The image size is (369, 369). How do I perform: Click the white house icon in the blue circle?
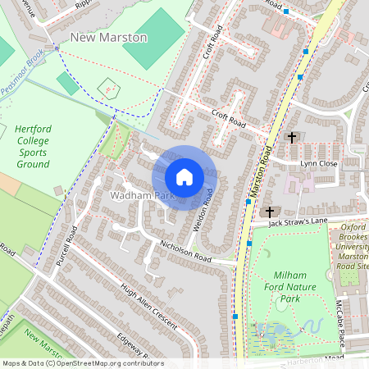pos(184,177)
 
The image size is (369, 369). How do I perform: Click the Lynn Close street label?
pos(318,164)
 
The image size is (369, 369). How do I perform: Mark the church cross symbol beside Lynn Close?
pos(291,138)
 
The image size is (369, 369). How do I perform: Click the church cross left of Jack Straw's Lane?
pos(270,212)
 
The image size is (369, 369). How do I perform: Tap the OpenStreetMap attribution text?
pos(83,363)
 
